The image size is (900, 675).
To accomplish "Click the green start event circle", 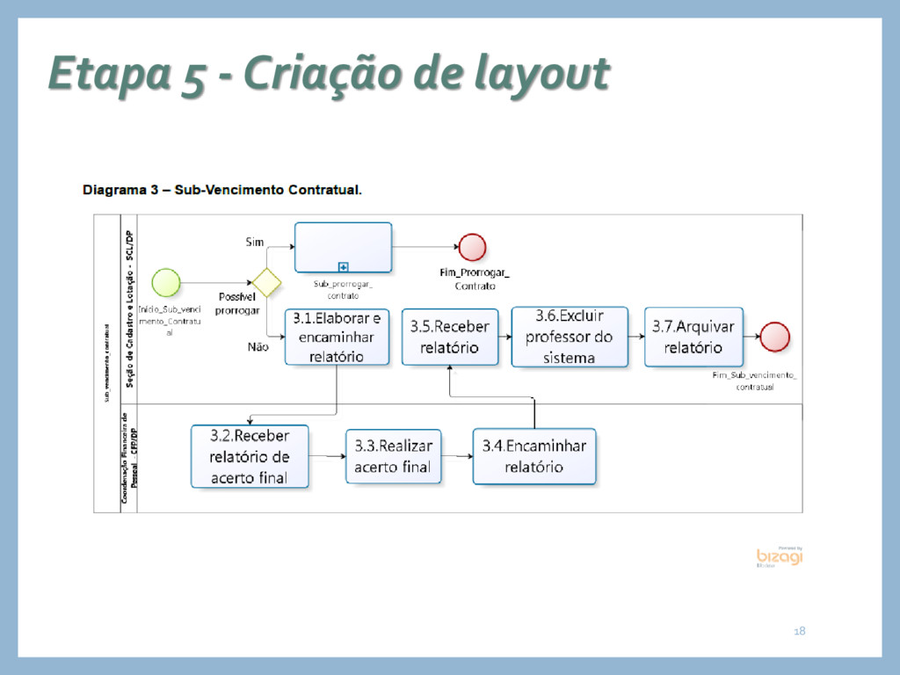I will click(x=166, y=282).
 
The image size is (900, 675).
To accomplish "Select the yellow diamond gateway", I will click(x=265, y=283).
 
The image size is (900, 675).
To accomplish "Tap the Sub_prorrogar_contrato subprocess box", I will click(x=343, y=247).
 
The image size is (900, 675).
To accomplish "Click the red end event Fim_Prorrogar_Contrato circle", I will click(x=472, y=248).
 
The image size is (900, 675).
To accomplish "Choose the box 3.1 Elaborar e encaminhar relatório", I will click(x=336, y=337).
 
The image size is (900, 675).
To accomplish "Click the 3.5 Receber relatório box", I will click(x=450, y=337).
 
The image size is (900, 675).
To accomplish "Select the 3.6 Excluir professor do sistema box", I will click(x=570, y=337).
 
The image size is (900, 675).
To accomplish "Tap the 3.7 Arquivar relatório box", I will click(x=693, y=337).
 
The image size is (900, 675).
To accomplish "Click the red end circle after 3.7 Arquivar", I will click(x=775, y=337).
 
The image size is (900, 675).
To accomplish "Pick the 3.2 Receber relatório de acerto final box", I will click(x=250, y=456).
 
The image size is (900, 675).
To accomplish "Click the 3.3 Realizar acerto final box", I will click(x=393, y=456).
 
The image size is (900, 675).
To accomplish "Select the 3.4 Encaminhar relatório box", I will click(x=533, y=456).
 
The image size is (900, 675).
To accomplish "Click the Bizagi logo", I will click(x=779, y=557).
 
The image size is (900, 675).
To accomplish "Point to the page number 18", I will click(x=799, y=631).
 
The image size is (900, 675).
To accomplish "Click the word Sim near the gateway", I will click(x=253, y=242).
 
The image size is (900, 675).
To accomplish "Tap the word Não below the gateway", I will click(x=258, y=347).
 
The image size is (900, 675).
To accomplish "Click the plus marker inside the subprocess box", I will click(x=343, y=265).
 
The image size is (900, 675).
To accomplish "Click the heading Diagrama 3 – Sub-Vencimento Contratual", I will click(x=221, y=189).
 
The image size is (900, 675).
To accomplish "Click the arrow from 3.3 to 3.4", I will click(x=458, y=456).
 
